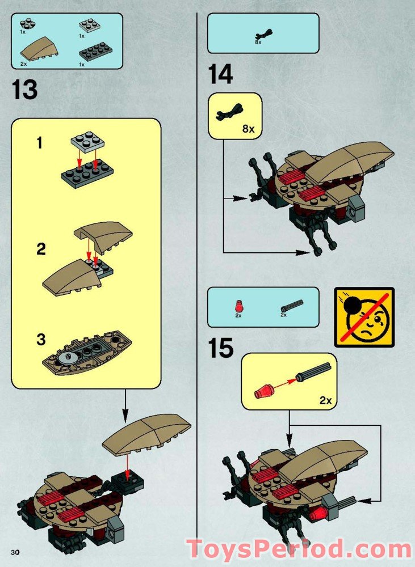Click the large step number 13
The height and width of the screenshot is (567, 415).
click(24, 90)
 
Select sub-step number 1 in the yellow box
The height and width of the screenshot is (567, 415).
click(39, 143)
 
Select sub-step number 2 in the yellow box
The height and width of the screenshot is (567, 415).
click(40, 249)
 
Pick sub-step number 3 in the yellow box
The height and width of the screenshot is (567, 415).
click(40, 340)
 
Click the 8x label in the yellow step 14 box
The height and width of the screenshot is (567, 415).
click(248, 129)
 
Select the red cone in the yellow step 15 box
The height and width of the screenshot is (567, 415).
click(264, 392)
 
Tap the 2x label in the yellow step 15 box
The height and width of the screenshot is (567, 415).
click(325, 400)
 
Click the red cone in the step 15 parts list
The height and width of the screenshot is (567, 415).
click(238, 308)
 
